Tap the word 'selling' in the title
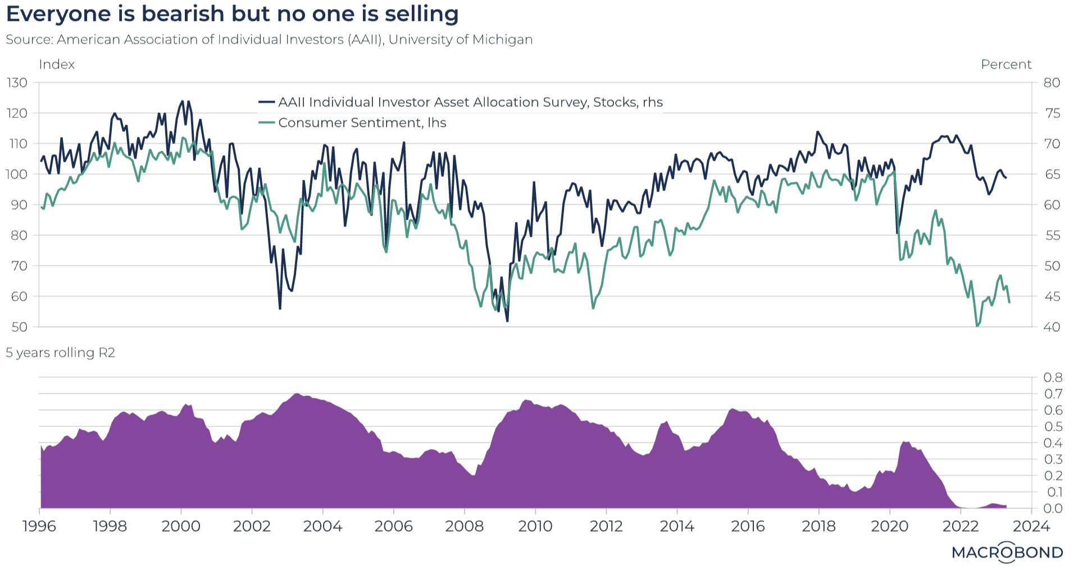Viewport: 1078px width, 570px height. [421, 14]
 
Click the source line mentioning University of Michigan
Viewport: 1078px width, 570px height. [269, 39]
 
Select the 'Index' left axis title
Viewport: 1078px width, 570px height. [57, 65]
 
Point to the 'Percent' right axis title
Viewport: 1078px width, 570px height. [1006, 65]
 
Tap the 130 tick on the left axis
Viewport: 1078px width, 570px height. [17, 83]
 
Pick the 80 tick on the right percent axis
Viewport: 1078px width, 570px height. [1052, 83]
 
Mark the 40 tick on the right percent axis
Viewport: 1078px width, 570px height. [1052, 327]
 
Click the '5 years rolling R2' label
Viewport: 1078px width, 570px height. [61, 353]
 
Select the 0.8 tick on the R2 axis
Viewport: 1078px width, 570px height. [1053, 377]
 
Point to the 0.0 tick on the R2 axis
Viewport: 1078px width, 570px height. [1053, 508]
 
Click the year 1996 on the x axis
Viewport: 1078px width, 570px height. [39, 526]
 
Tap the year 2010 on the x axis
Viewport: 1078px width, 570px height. [535, 526]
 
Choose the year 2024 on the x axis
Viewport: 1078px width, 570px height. [1031, 526]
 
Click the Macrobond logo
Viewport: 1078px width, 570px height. [1007, 552]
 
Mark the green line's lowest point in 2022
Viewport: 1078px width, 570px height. [977, 326]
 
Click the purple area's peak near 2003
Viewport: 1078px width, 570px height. [297, 394]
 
